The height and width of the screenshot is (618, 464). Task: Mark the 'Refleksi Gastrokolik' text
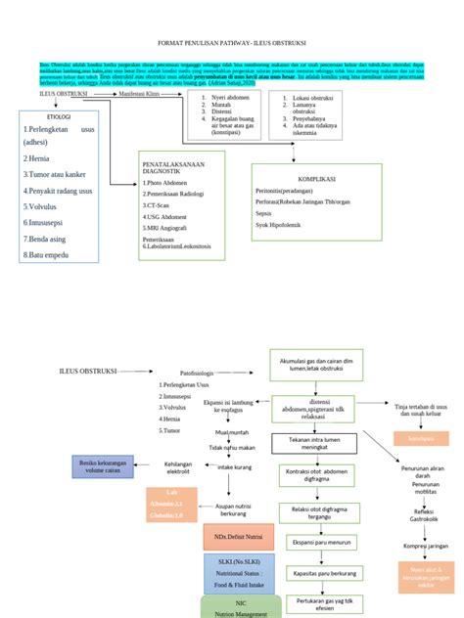[424, 513]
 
